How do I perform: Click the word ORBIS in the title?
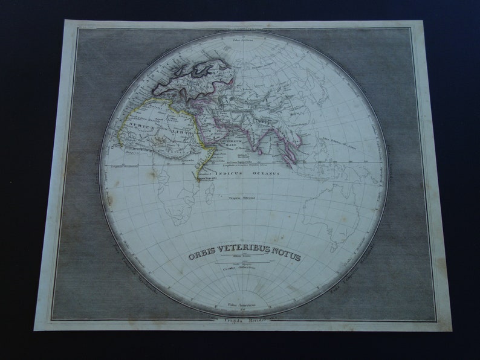click(201, 256)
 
